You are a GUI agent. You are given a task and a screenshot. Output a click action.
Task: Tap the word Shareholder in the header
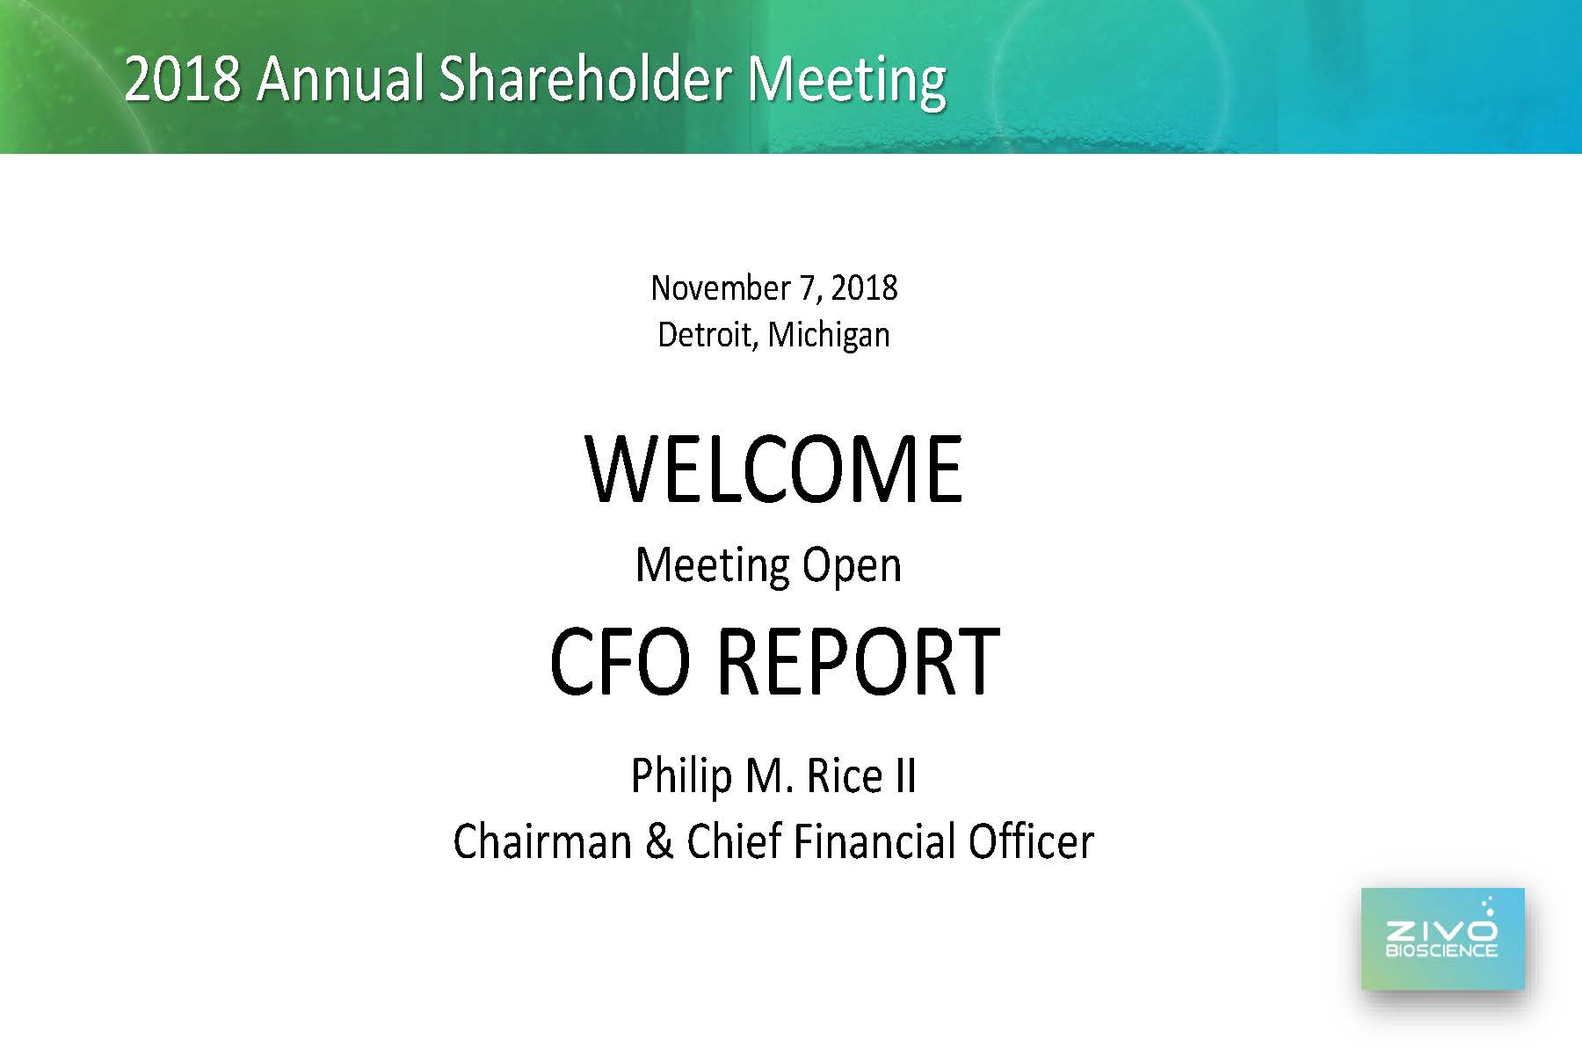click(584, 78)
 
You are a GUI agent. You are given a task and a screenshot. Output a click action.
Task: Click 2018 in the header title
click(183, 78)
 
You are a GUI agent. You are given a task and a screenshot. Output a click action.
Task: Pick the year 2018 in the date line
click(864, 288)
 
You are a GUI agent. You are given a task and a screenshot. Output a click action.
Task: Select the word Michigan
click(829, 336)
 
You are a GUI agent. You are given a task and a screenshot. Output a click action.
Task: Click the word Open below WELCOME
click(852, 566)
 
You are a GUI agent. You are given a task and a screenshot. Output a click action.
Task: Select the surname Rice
click(845, 776)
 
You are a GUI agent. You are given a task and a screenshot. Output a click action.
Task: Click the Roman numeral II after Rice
click(905, 776)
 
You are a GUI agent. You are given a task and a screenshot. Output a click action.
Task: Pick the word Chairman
click(542, 841)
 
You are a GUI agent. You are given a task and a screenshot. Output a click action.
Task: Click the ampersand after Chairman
click(659, 841)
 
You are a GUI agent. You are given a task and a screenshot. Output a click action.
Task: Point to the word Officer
click(1031, 841)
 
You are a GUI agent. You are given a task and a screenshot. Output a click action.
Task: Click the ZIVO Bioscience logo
click(1443, 939)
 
